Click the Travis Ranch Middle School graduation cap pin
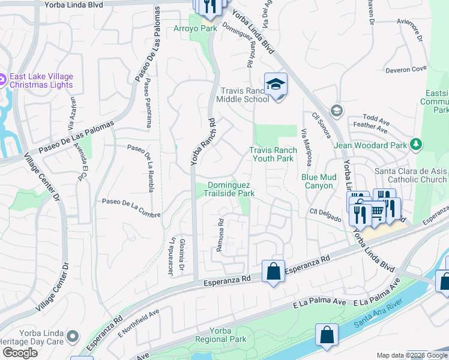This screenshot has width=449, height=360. (x=276, y=85)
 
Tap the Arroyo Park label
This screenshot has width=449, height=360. (x=195, y=28)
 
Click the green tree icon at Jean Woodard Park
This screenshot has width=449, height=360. (x=415, y=144)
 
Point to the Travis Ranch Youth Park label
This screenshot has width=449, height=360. (x=273, y=154)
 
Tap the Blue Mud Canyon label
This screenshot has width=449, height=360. (x=317, y=181)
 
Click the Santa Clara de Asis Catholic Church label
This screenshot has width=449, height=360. (x=411, y=175)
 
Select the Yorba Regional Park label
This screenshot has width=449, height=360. (x=220, y=335)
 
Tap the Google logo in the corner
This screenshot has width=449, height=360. (x=20, y=352)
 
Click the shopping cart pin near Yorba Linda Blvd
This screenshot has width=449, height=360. (x=376, y=211)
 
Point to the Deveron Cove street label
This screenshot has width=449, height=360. (x=406, y=69)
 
